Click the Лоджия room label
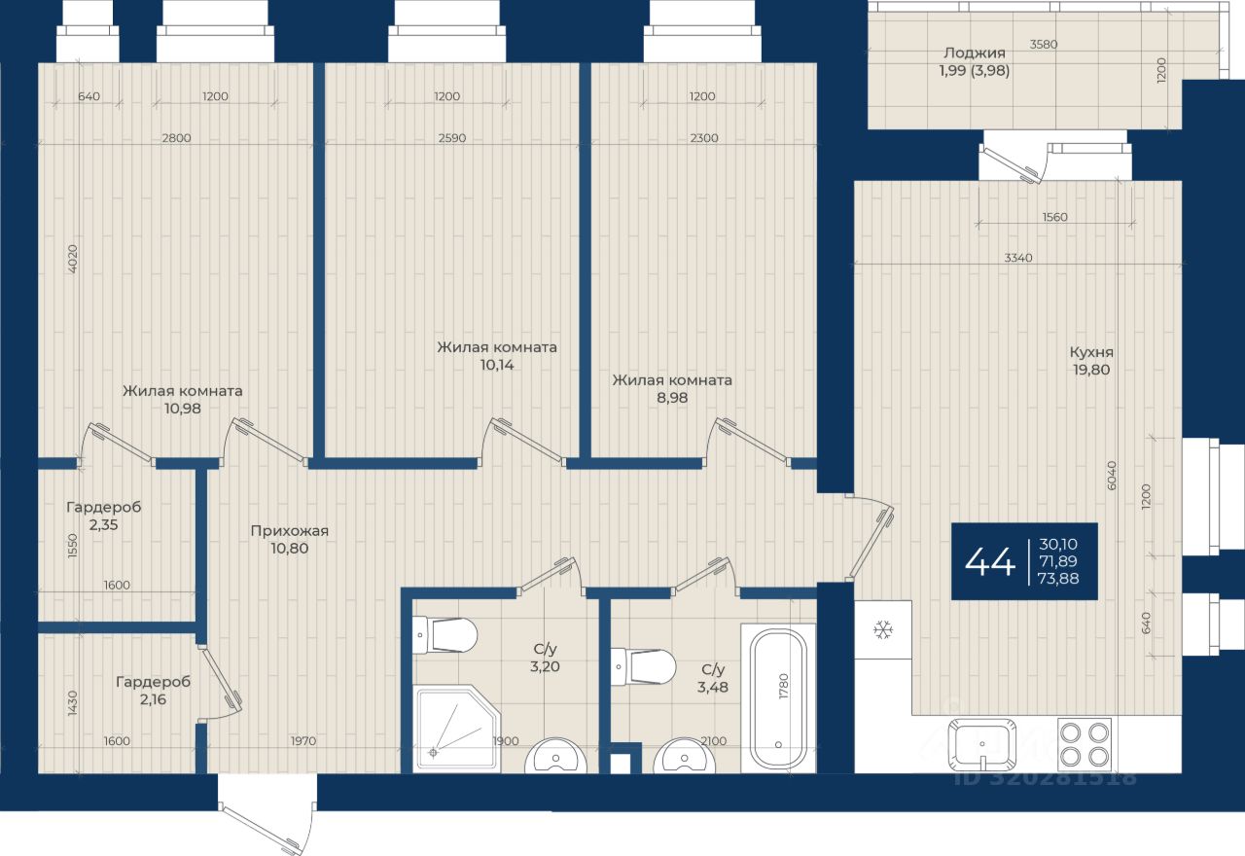pyautogui.click(x=975, y=53)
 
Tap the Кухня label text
pyautogui.click(x=1091, y=352)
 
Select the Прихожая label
pyautogui.click(x=290, y=531)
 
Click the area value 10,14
pyautogui.click(x=497, y=365)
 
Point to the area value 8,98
pyautogui.click(x=672, y=398)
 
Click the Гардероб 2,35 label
pyautogui.click(x=104, y=516)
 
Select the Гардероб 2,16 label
pyautogui.click(x=153, y=690)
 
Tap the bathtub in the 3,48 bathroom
pyautogui.click(x=777, y=698)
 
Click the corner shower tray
pyautogui.click(x=458, y=729)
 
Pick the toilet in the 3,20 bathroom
pyautogui.click(x=445, y=634)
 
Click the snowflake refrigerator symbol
pyautogui.click(x=882, y=629)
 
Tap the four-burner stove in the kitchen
pyautogui.click(x=1085, y=742)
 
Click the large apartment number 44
pyautogui.click(x=990, y=561)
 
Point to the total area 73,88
pyautogui.click(x=1058, y=579)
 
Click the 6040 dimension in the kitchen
pyautogui.click(x=1111, y=476)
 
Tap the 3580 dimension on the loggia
pyautogui.click(x=1044, y=44)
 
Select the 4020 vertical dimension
pyautogui.click(x=72, y=259)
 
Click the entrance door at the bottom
pyautogui.click(x=267, y=816)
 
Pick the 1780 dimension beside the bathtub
pyautogui.click(x=784, y=687)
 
